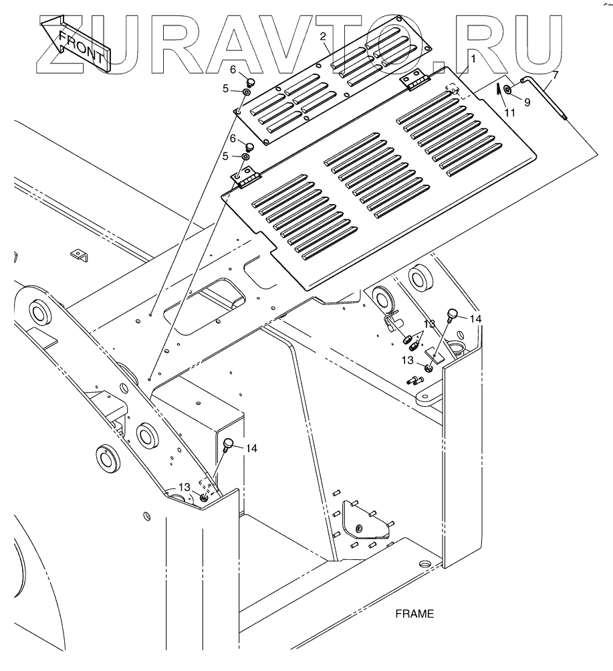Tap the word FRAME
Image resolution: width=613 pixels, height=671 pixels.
(414, 613)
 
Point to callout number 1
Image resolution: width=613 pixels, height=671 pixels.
(473, 60)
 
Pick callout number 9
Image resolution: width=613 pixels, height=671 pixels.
(527, 102)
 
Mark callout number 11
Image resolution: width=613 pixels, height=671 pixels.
(509, 113)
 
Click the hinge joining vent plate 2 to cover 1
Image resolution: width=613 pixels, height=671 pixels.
(415, 82)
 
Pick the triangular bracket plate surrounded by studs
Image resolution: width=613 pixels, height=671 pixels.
(364, 519)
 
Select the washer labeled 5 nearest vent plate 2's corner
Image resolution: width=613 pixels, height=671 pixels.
(247, 90)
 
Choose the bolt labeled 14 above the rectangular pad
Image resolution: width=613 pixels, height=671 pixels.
(453, 313)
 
